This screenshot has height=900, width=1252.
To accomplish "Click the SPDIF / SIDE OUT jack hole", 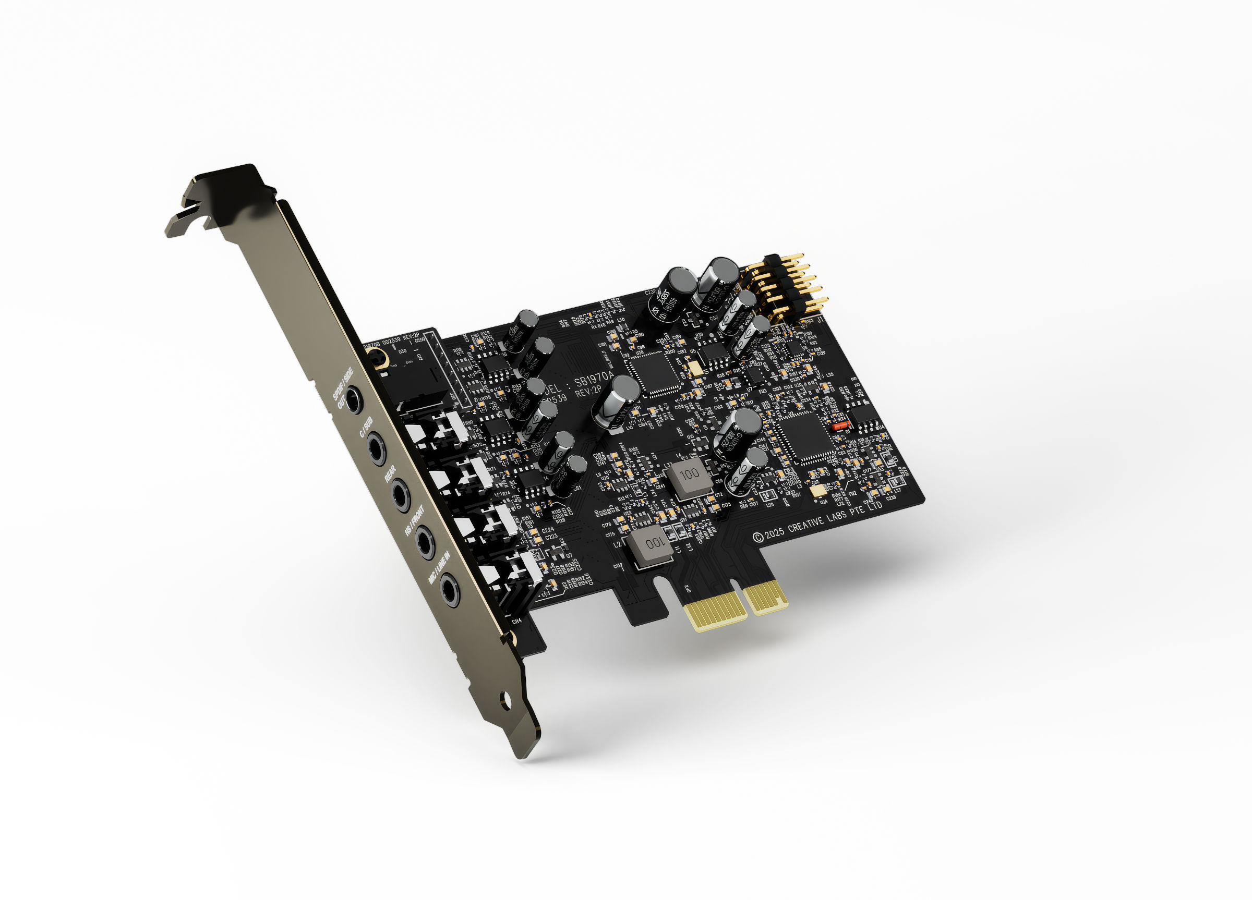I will (353, 399).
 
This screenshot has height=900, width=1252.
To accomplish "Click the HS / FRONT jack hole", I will (425, 542).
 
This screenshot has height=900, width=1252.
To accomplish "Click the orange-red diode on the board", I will (840, 425).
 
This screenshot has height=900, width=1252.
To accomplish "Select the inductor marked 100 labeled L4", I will (689, 476).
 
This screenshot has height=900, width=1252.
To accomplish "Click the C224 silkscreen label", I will (548, 530).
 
